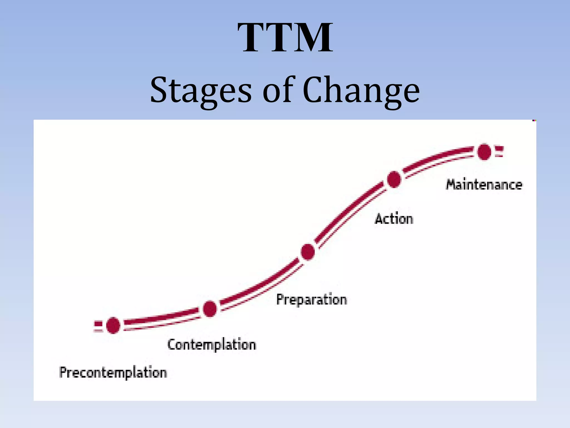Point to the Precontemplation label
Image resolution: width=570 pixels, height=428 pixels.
pos(113,373)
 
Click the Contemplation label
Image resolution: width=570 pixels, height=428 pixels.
pos(212,345)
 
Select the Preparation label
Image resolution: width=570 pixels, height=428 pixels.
pos(311,300)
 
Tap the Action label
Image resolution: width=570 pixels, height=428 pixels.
pos(394,218)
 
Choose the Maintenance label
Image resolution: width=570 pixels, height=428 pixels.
pos(484,185)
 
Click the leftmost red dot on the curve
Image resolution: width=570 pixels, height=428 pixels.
pos(113,325)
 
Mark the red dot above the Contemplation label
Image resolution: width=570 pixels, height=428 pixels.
pos(210,309)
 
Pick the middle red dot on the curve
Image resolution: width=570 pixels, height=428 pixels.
pos(308,252)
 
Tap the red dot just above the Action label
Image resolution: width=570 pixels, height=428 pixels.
pos(394,179)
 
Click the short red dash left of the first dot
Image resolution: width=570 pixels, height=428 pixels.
pos(98,324)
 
